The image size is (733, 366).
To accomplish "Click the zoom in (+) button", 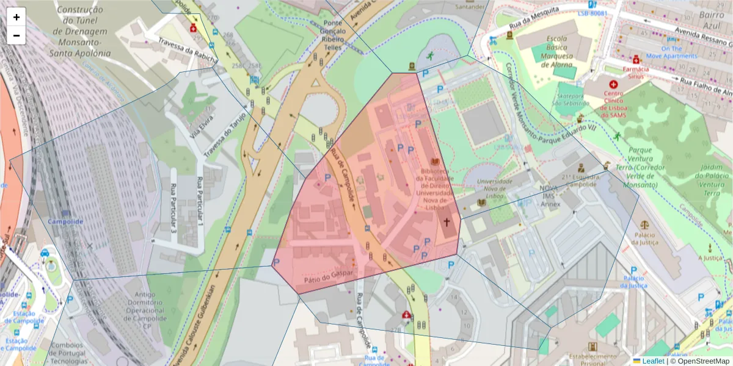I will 16,17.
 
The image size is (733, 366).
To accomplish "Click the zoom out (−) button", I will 16,35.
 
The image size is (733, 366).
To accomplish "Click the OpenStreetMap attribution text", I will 699,361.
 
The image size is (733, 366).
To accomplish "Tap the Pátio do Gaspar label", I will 328,275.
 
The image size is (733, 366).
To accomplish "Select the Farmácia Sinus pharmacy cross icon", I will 636,60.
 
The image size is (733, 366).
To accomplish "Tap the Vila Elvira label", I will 202,124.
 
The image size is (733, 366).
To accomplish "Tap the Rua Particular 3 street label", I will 174,209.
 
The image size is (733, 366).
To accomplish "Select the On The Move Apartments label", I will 671,52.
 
